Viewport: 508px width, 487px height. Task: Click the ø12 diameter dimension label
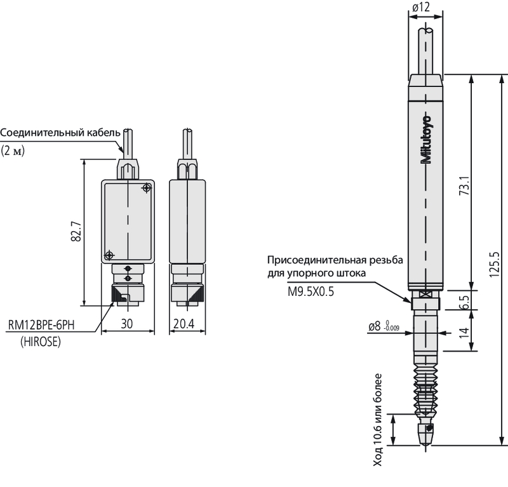421,8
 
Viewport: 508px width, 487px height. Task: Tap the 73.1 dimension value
464,185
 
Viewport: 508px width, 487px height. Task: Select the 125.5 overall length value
494,264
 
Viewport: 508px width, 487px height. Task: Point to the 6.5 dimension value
464,302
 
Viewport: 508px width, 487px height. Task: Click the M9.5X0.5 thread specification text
311,291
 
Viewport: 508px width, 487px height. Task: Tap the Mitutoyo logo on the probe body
426,139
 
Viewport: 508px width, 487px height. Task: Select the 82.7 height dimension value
76,231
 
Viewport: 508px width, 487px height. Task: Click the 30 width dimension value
126,324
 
